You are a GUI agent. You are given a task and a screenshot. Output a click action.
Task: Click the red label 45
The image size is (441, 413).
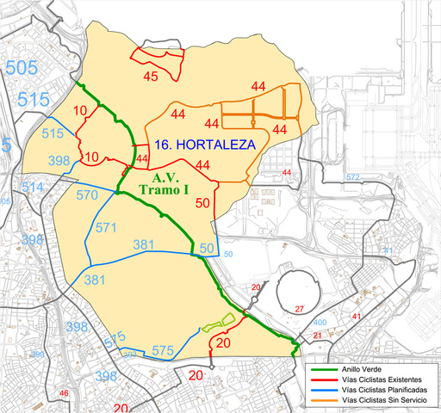(151, 77)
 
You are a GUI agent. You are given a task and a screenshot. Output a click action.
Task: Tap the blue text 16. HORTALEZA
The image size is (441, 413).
(204, 145)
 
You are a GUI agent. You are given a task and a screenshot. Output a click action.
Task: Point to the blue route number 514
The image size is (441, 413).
(32, 187)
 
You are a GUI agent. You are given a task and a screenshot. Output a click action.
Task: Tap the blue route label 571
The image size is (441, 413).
(105, 228)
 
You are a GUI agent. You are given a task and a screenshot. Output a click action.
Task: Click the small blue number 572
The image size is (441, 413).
(351, 177)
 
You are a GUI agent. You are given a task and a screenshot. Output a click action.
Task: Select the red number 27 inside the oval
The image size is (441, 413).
(300, 309)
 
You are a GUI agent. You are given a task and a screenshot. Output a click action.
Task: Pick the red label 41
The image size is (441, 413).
(356, 317)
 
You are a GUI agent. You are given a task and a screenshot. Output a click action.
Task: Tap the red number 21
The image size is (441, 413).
(317, 335)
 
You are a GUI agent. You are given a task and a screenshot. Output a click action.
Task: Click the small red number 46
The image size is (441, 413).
(63, 394)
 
